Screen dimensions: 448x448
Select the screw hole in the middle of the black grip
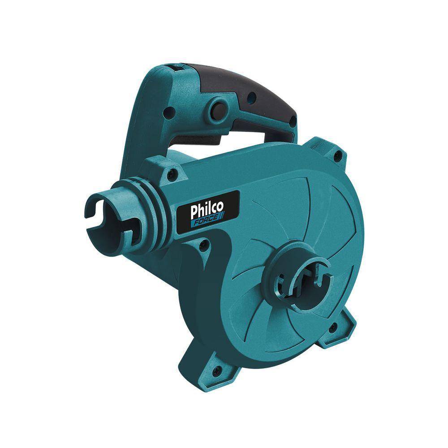(251, 96)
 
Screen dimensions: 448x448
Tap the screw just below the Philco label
(203, 244)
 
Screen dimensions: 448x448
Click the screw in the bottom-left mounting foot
(218, 370)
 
